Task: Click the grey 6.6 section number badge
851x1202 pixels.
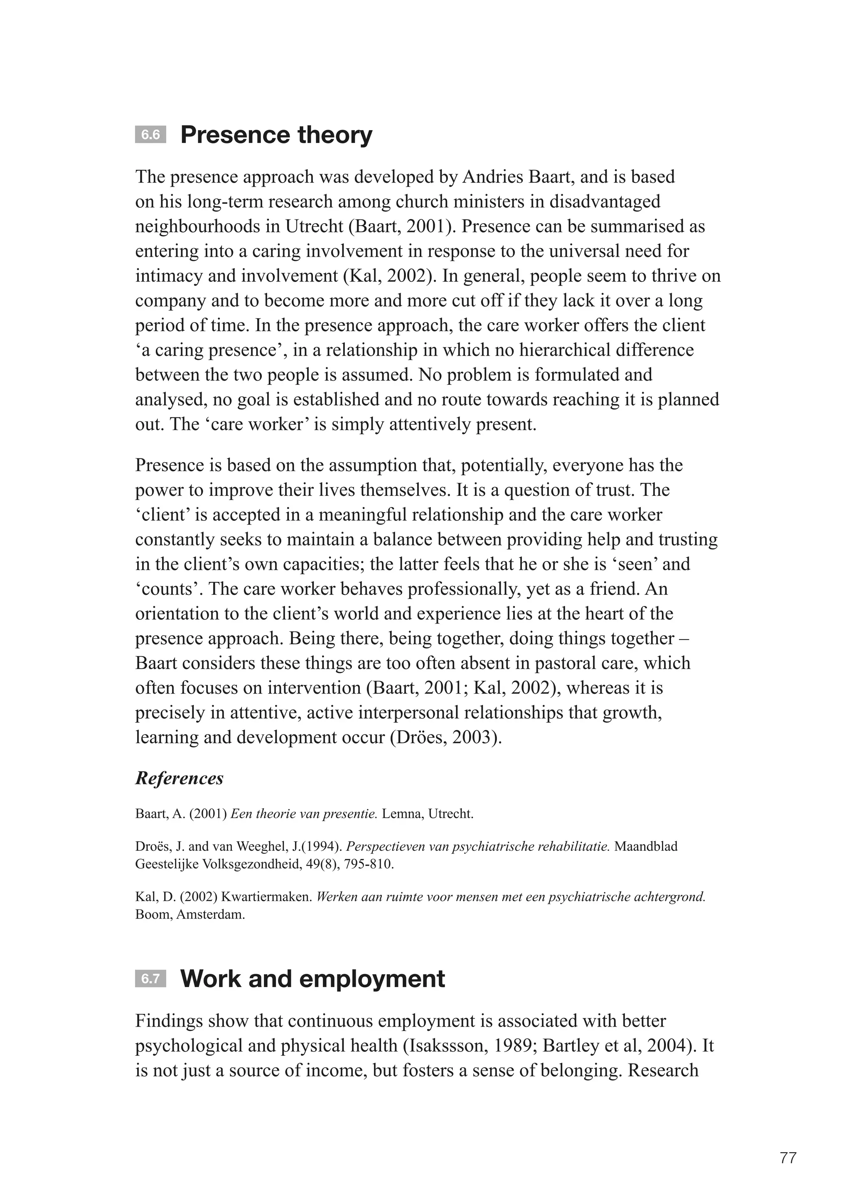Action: (x=150, y=135)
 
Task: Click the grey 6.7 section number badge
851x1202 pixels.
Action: (x=150, y=979)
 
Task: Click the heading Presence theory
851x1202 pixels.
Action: (x=276, y=135)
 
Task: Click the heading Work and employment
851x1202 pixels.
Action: (x=312, y=979)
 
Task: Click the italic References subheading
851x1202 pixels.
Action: (x=179, y=778)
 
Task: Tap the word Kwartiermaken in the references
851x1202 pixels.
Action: (x=267, y=897)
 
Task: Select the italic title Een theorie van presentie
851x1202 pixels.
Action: (x=303, y=814)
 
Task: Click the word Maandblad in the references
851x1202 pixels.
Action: (x=646, y=847)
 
